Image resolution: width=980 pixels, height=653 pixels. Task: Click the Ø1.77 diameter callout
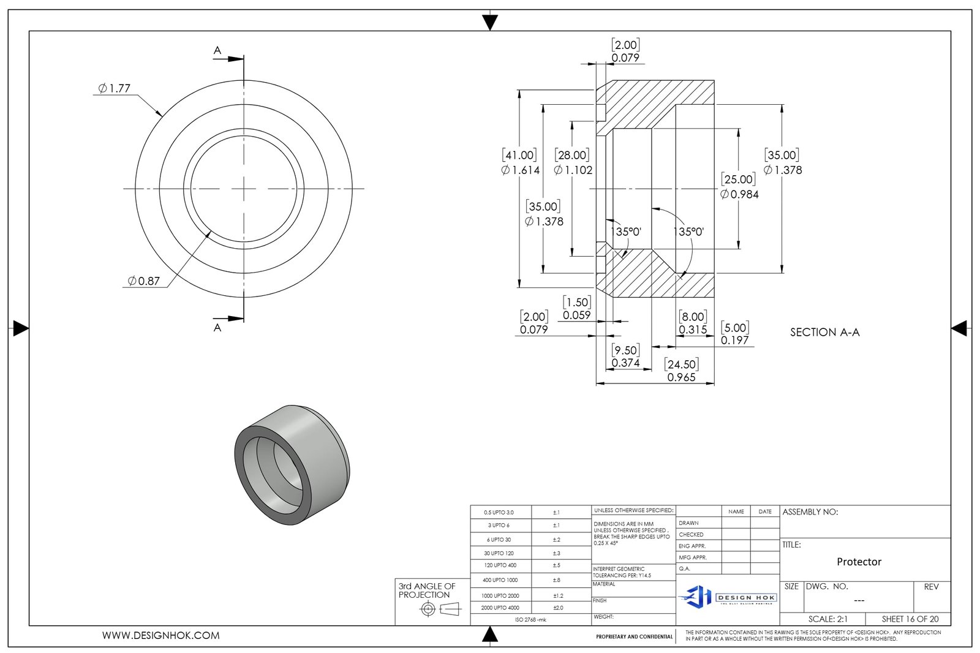coord(115,88)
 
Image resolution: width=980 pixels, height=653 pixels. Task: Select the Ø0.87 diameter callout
coord(143,281)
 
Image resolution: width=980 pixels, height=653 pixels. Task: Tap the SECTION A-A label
coord(824,332)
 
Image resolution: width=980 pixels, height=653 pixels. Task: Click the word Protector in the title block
coord(859,562)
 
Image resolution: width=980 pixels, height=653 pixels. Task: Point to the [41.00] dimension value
coord(519,156)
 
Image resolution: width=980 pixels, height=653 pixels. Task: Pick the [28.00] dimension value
coord(573,156)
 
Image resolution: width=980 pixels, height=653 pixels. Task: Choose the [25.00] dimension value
coord(738,179)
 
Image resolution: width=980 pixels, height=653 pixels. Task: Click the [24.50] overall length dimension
coord(681,364)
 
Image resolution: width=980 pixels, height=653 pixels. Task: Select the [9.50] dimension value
coord(625,350)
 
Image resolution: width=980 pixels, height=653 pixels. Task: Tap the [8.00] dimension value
coord(693,317)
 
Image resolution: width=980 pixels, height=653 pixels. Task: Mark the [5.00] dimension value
coord(735,328)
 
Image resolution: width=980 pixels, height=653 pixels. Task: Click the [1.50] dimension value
coord(577,303)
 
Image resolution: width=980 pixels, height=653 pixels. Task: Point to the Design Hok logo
coord(728,597)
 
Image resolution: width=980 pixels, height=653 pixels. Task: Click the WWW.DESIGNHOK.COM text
coord(160,636)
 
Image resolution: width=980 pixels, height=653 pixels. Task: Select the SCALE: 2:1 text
coord(827,619)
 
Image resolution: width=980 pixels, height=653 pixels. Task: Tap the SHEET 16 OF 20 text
coord(910,619)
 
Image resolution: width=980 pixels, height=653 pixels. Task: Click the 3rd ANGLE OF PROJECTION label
coord(427,591)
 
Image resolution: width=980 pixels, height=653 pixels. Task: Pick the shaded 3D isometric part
coord(292,464)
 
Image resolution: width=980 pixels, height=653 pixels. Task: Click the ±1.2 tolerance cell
coord(558,595)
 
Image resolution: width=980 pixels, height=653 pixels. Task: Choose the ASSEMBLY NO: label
coord(810,512)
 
